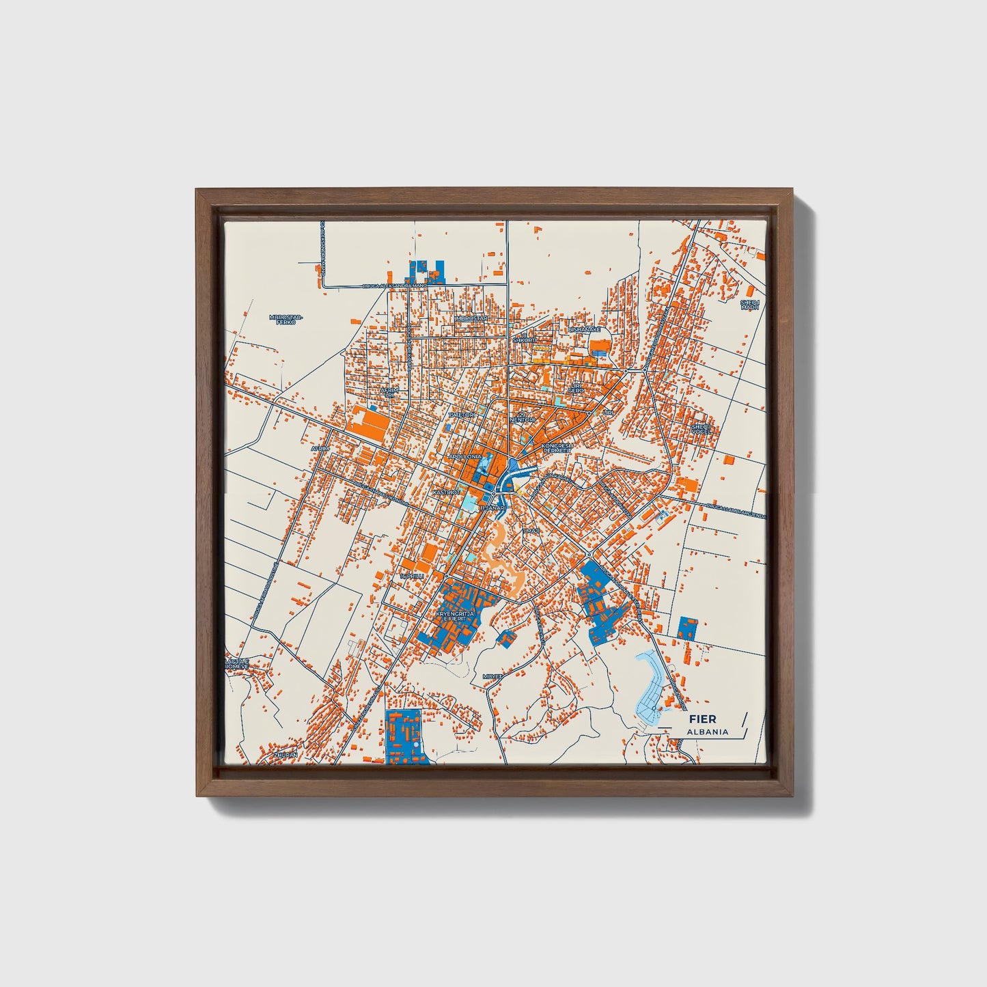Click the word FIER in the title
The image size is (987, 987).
point(702,719)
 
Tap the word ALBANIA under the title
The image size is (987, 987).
point(708,732)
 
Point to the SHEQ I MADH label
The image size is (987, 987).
point(749,305)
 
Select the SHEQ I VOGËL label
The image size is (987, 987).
point(701,428)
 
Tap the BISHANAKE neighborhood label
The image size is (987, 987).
point(585,329)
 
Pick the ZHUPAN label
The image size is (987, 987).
point(286,755)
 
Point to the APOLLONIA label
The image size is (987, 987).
point(464,456)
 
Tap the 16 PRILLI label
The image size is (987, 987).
point(413,576)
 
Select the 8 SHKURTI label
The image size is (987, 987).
point(525,339)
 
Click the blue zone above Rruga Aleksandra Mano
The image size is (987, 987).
point(425,271)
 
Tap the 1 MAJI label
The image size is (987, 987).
point(531,530)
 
